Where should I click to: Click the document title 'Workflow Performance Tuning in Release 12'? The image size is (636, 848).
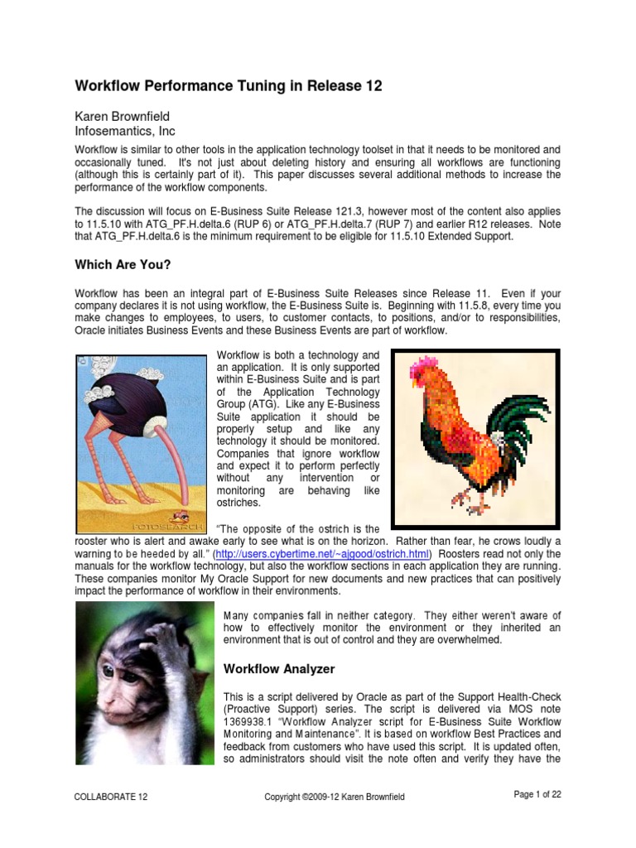tap(229, 87)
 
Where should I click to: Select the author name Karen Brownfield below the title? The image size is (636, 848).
tap(125, 116)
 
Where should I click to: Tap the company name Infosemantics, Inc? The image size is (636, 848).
tap(125, 131)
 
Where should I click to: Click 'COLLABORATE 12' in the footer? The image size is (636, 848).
tap(110, 797)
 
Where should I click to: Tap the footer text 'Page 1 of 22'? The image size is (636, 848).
tap(537, 795)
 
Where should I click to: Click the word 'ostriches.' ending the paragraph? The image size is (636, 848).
tap(238, 503)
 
